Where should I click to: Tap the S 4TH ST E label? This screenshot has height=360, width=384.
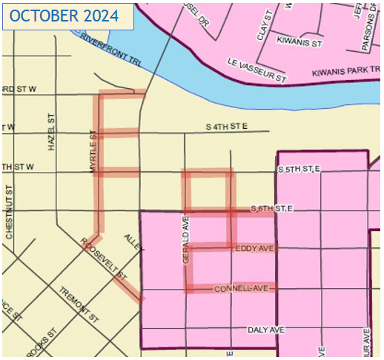(226, 127)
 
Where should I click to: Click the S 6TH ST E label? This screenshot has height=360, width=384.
(273, 210)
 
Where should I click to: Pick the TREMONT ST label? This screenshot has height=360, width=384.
(79, 304)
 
